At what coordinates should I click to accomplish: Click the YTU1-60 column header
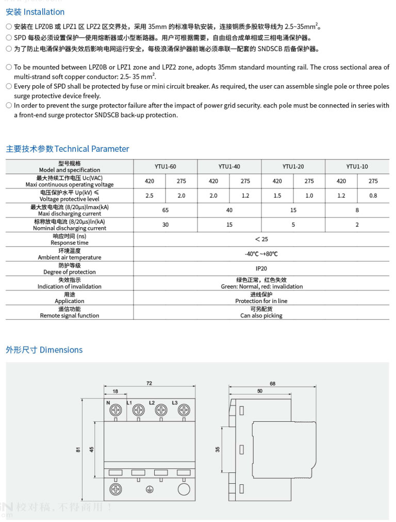pyautogui.click(x=166, y=166)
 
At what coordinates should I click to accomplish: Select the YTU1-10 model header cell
pyautogui.click(x=357, y=166)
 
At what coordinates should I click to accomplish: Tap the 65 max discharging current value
pyautogui.click(x=166, y=210)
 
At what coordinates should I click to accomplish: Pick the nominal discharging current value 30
pyautogui.click(x=166, y=225)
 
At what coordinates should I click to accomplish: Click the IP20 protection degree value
pyautogui.click(x=261, y=268)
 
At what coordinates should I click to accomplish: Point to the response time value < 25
pyautogui.click(x=261, y=239)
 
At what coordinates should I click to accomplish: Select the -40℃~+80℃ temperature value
pyautogui.click(x=261, y=254)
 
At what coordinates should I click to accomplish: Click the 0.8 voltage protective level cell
pyautogui.click(x=373, y=196)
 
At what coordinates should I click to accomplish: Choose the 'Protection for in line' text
pyautogui.click(x=261, y=301)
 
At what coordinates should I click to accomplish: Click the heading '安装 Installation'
pyautogui.click(x=35, y=12)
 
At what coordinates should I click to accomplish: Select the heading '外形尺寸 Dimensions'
pyautogui.click(x=44, y=350)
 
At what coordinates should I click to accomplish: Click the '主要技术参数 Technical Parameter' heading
pyautogui.click(x=68, y=149)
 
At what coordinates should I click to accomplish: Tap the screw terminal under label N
pyautogui.click(x=115, y=410)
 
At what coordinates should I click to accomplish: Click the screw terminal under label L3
pyautogui.click(x=184, y=410)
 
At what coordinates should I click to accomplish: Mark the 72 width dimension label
pyautogui.click(x=149, y=384)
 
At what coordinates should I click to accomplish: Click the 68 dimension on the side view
pyautogui.click(x=272, y=384)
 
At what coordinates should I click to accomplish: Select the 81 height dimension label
pyautogui.click(x=79, y=450)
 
